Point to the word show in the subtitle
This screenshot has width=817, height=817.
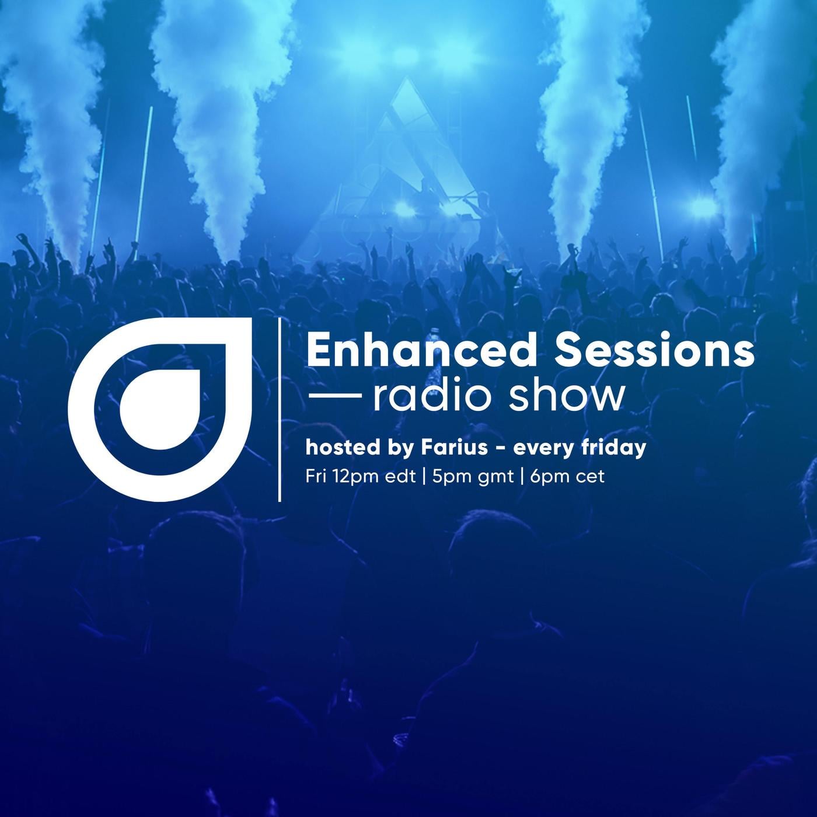pos(567,397)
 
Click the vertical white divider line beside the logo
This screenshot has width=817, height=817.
pos(280,410)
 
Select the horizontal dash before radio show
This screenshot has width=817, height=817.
pos(335,395)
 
